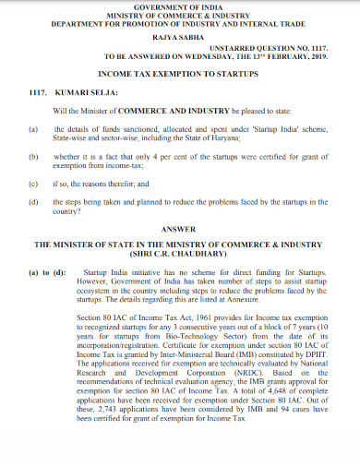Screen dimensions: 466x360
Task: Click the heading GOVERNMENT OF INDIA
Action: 181,6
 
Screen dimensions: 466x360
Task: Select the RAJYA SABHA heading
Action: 181,37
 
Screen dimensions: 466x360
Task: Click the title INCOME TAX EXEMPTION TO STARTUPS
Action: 181,73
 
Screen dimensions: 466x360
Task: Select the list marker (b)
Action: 35,157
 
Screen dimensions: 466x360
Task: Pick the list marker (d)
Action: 35,199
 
